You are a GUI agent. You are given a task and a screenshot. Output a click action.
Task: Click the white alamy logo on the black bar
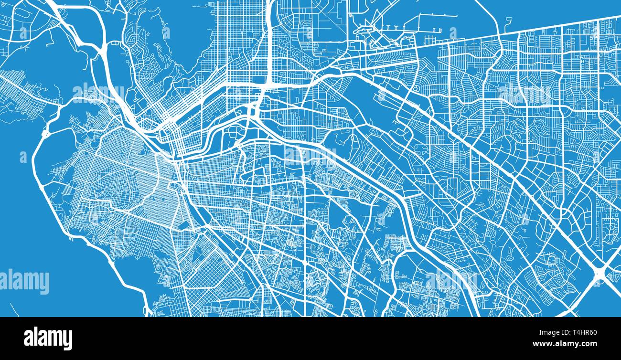(x=48, y=338)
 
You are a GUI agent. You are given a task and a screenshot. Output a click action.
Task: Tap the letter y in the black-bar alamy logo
(x=67, y=340)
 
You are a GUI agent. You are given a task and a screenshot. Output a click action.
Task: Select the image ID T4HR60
(x=580, y=333)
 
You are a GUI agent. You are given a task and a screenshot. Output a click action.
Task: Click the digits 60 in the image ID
(x=591, y=333)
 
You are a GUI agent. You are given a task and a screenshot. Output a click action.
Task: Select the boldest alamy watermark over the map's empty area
(x=25, y=282)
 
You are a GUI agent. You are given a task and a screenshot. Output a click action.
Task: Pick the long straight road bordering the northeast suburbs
(x=549, y=28)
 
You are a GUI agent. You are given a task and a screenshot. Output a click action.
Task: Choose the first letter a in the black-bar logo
(x=28, y=338)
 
